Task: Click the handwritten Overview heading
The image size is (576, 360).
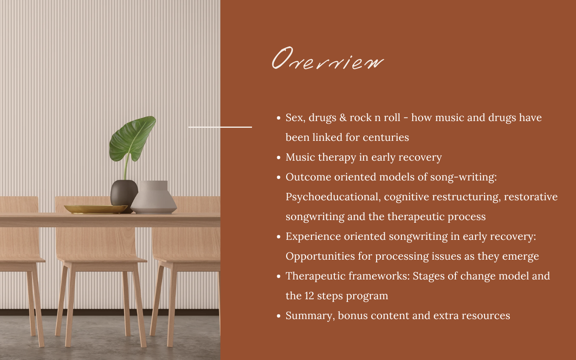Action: point(328,58)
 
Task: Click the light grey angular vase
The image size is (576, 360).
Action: point(154,198)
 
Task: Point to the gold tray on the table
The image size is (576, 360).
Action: point(96,209)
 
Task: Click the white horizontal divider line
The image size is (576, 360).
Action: point(220,127)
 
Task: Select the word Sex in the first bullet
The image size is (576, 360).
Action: point(294,118)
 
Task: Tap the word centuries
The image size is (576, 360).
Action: point(386,138)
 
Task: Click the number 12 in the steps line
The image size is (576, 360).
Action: point(309,296)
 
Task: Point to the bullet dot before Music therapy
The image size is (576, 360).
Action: point(279,157)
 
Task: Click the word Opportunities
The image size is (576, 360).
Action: point(320,256)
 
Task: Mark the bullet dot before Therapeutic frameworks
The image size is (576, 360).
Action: point(279,276)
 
